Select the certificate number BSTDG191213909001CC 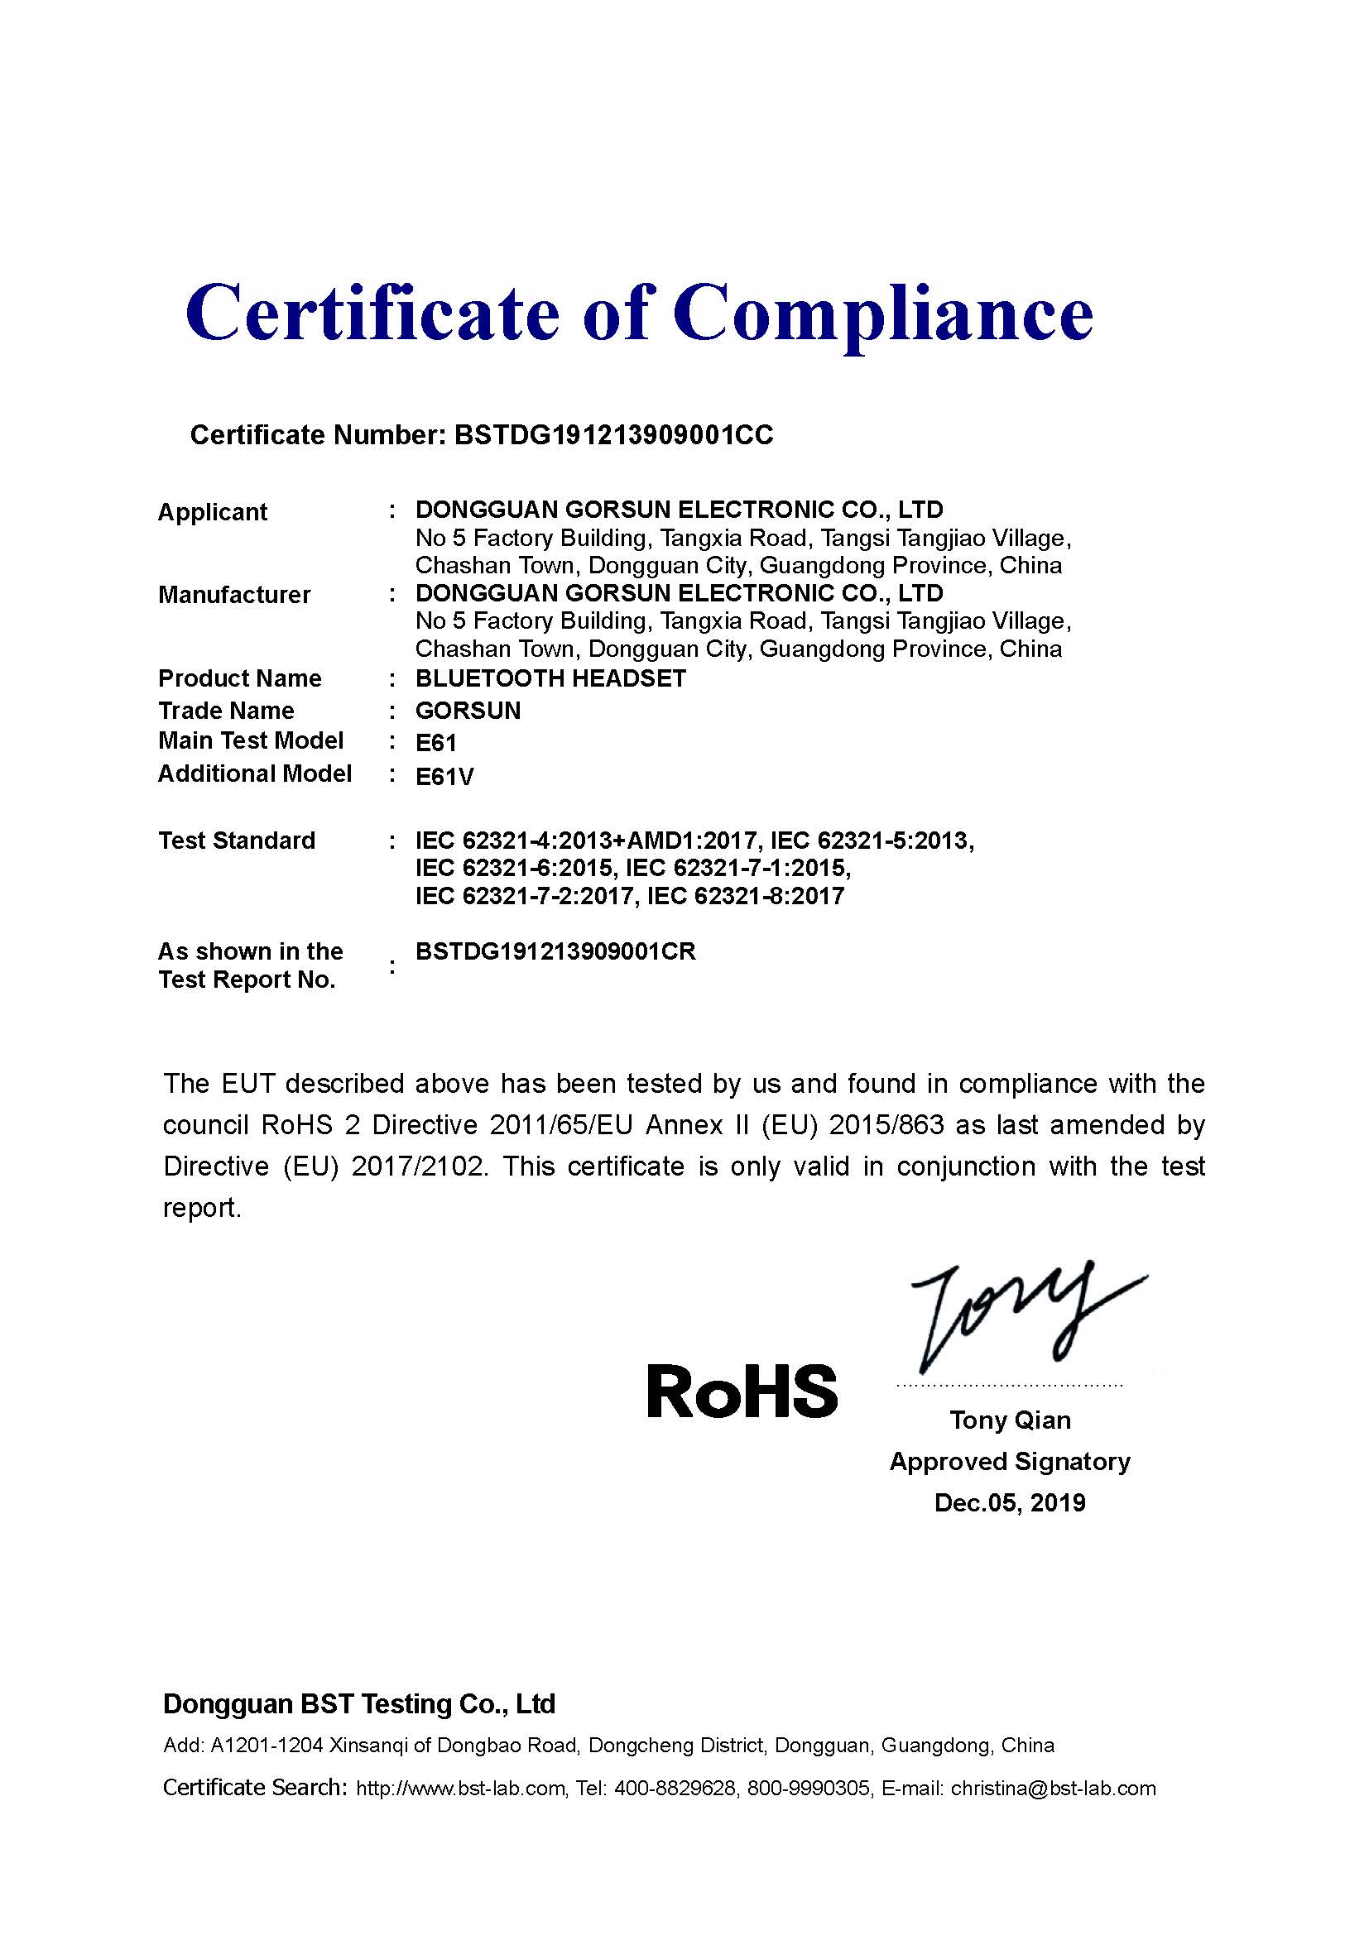coord(612,435)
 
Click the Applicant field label coord(213,511)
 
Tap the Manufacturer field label coord(234,594)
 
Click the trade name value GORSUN coord(468,711)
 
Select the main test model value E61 coord(436,742)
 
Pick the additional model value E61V coord(444,775)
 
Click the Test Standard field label coord(237,841)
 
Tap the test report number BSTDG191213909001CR coord(555,951)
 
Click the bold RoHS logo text coord(742,1391)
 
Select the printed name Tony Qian coord(1010,1420)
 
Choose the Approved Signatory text coord(1010,1461)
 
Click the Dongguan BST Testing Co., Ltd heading coord(359,1704)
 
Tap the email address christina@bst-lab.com coord(1053,1789)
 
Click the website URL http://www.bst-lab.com coord(460,1789)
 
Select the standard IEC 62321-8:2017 coord(745,896)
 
